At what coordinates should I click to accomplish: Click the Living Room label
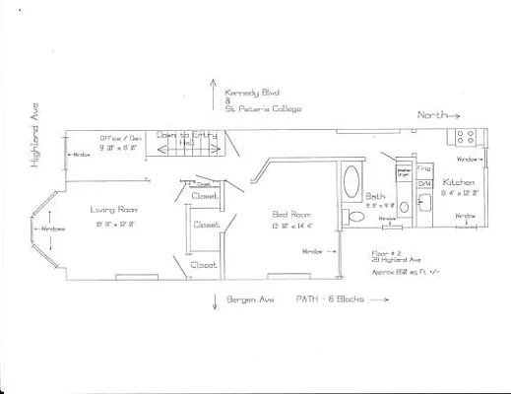pos(110,209)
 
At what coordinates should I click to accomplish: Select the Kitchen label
pos(459,183)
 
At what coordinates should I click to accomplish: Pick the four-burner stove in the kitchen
pos(465,138)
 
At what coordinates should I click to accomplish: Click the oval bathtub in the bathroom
pos(351,184)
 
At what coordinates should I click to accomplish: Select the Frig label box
pos(424,169)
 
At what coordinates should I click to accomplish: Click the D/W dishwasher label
pos(425,184)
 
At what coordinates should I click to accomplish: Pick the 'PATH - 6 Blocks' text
pos(330,297)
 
